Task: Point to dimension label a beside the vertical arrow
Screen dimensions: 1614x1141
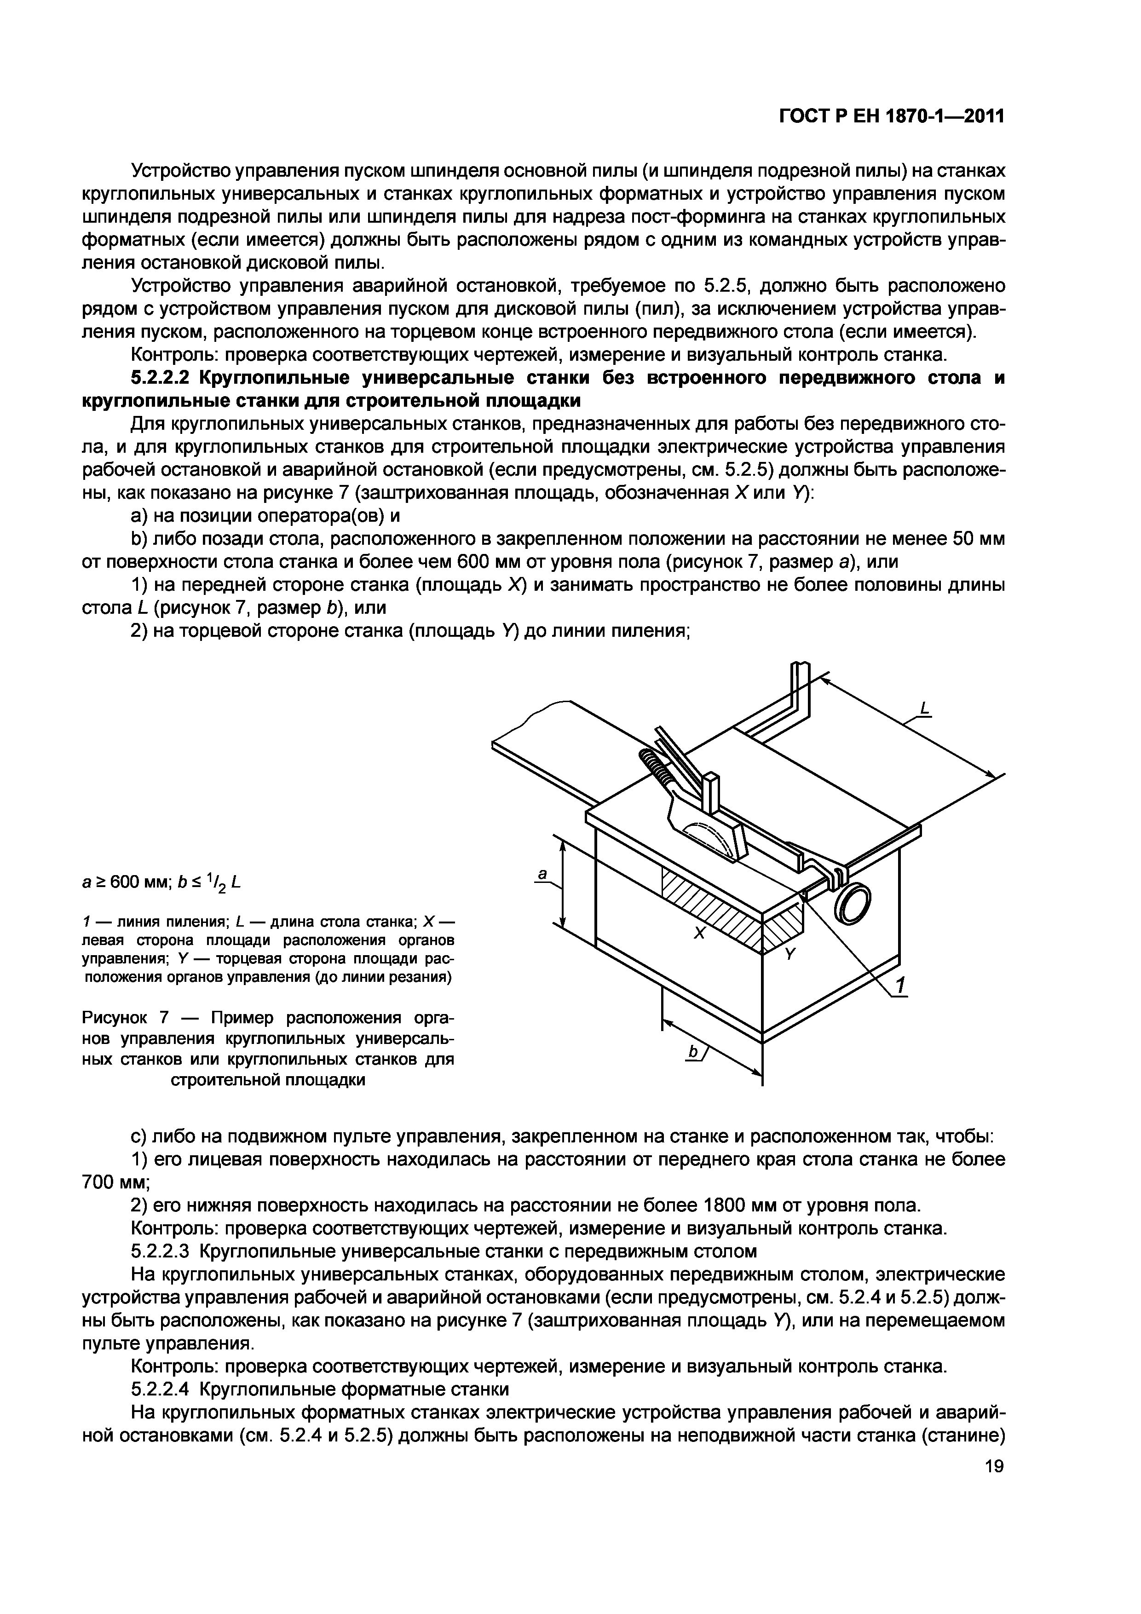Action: (x=542, y=874)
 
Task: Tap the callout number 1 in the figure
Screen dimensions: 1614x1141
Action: (x=901, y=983)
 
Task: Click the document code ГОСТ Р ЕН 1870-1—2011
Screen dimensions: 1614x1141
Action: (x=891, y=116)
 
